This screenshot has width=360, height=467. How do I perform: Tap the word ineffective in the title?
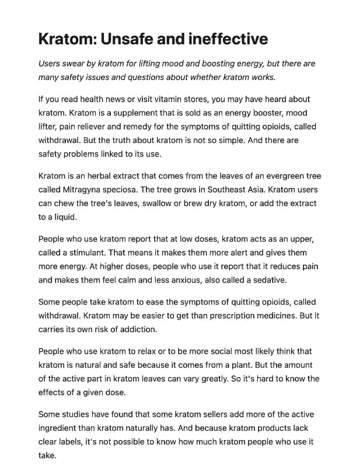pyautogui.click(x=228, y=39)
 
